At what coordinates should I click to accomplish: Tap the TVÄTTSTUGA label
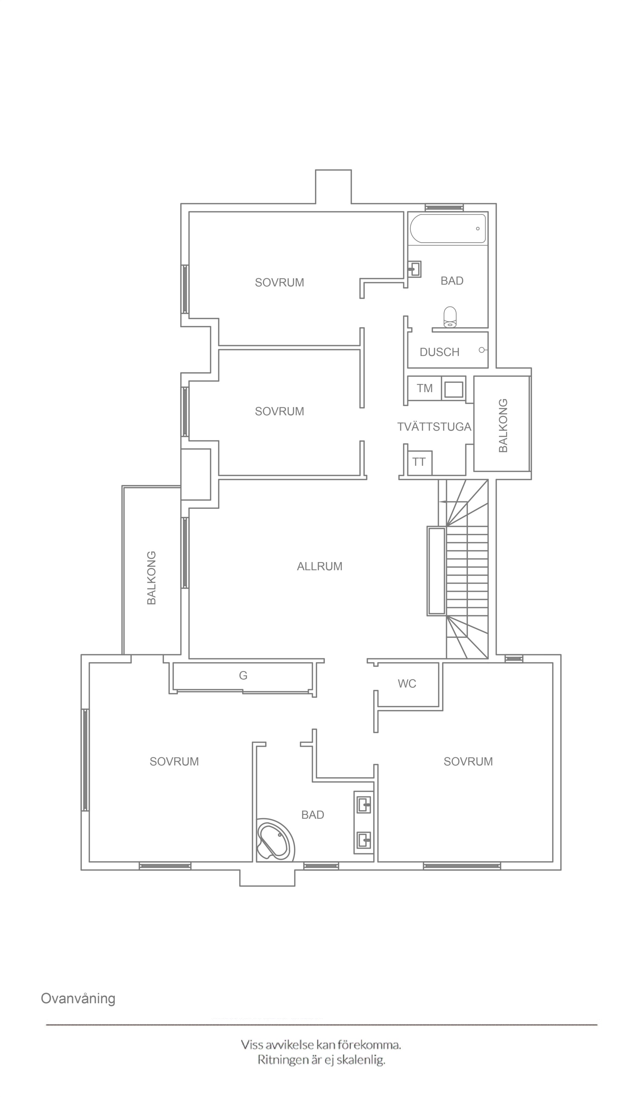point(434,427)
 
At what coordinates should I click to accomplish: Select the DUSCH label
point(439,352)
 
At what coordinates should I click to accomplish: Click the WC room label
point(407,683)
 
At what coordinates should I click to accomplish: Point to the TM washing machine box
point(424,388)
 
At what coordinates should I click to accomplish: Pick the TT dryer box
point(419,463)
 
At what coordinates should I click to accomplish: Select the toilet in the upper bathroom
point(450,317)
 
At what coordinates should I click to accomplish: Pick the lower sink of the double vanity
point(364,840)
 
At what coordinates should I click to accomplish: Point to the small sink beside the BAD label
point(415,269)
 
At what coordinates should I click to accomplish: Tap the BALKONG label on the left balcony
point(151,578)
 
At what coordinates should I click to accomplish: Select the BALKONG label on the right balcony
point(503,425)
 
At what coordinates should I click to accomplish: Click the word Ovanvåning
point(78,986)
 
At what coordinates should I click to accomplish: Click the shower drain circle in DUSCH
point(481,350)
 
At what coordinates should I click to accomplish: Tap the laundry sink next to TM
point(454,388)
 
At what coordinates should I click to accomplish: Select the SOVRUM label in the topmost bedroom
point(279,282)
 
